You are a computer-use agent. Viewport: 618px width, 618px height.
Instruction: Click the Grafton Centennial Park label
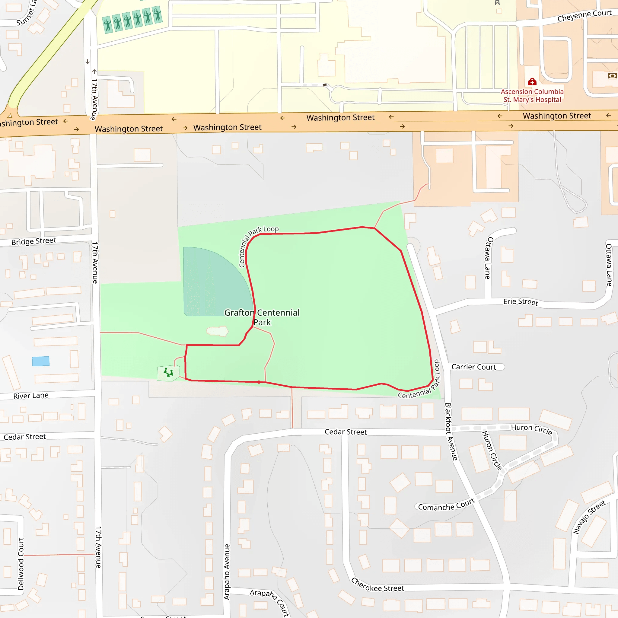click(x=262, y=317)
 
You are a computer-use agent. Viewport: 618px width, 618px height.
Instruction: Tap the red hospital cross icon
click(x=532, y=82)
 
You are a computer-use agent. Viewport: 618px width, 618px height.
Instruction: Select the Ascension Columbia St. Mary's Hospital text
click(x=532, y=96)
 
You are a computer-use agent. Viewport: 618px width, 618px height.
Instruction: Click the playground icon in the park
click(x=168, y=373)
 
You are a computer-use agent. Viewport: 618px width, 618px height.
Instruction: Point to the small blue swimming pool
click(x=41, y=361)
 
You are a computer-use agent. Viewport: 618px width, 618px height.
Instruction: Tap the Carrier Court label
click(x=473, y=367)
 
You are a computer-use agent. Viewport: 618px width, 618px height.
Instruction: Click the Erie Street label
click(x=521, y=302)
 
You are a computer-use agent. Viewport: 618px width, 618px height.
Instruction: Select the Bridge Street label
click(x=33, y=241)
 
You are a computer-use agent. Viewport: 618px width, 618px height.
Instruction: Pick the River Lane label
click(x=31, y=396)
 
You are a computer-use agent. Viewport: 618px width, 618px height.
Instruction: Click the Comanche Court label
click(x=446, y=505)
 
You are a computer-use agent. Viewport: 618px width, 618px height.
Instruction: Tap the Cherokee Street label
click(x=377, y=585)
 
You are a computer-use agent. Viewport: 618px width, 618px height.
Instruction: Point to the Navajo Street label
click(x=589, y=517)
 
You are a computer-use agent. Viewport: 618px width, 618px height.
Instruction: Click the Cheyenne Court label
click(x=585, y=16)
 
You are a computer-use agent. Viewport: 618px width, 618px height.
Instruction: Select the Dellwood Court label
click(x=21, y=564)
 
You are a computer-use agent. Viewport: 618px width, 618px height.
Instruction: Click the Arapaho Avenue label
click(x=227, y=572)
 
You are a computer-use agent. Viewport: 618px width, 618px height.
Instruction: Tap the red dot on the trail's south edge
click(x=259, y=382)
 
